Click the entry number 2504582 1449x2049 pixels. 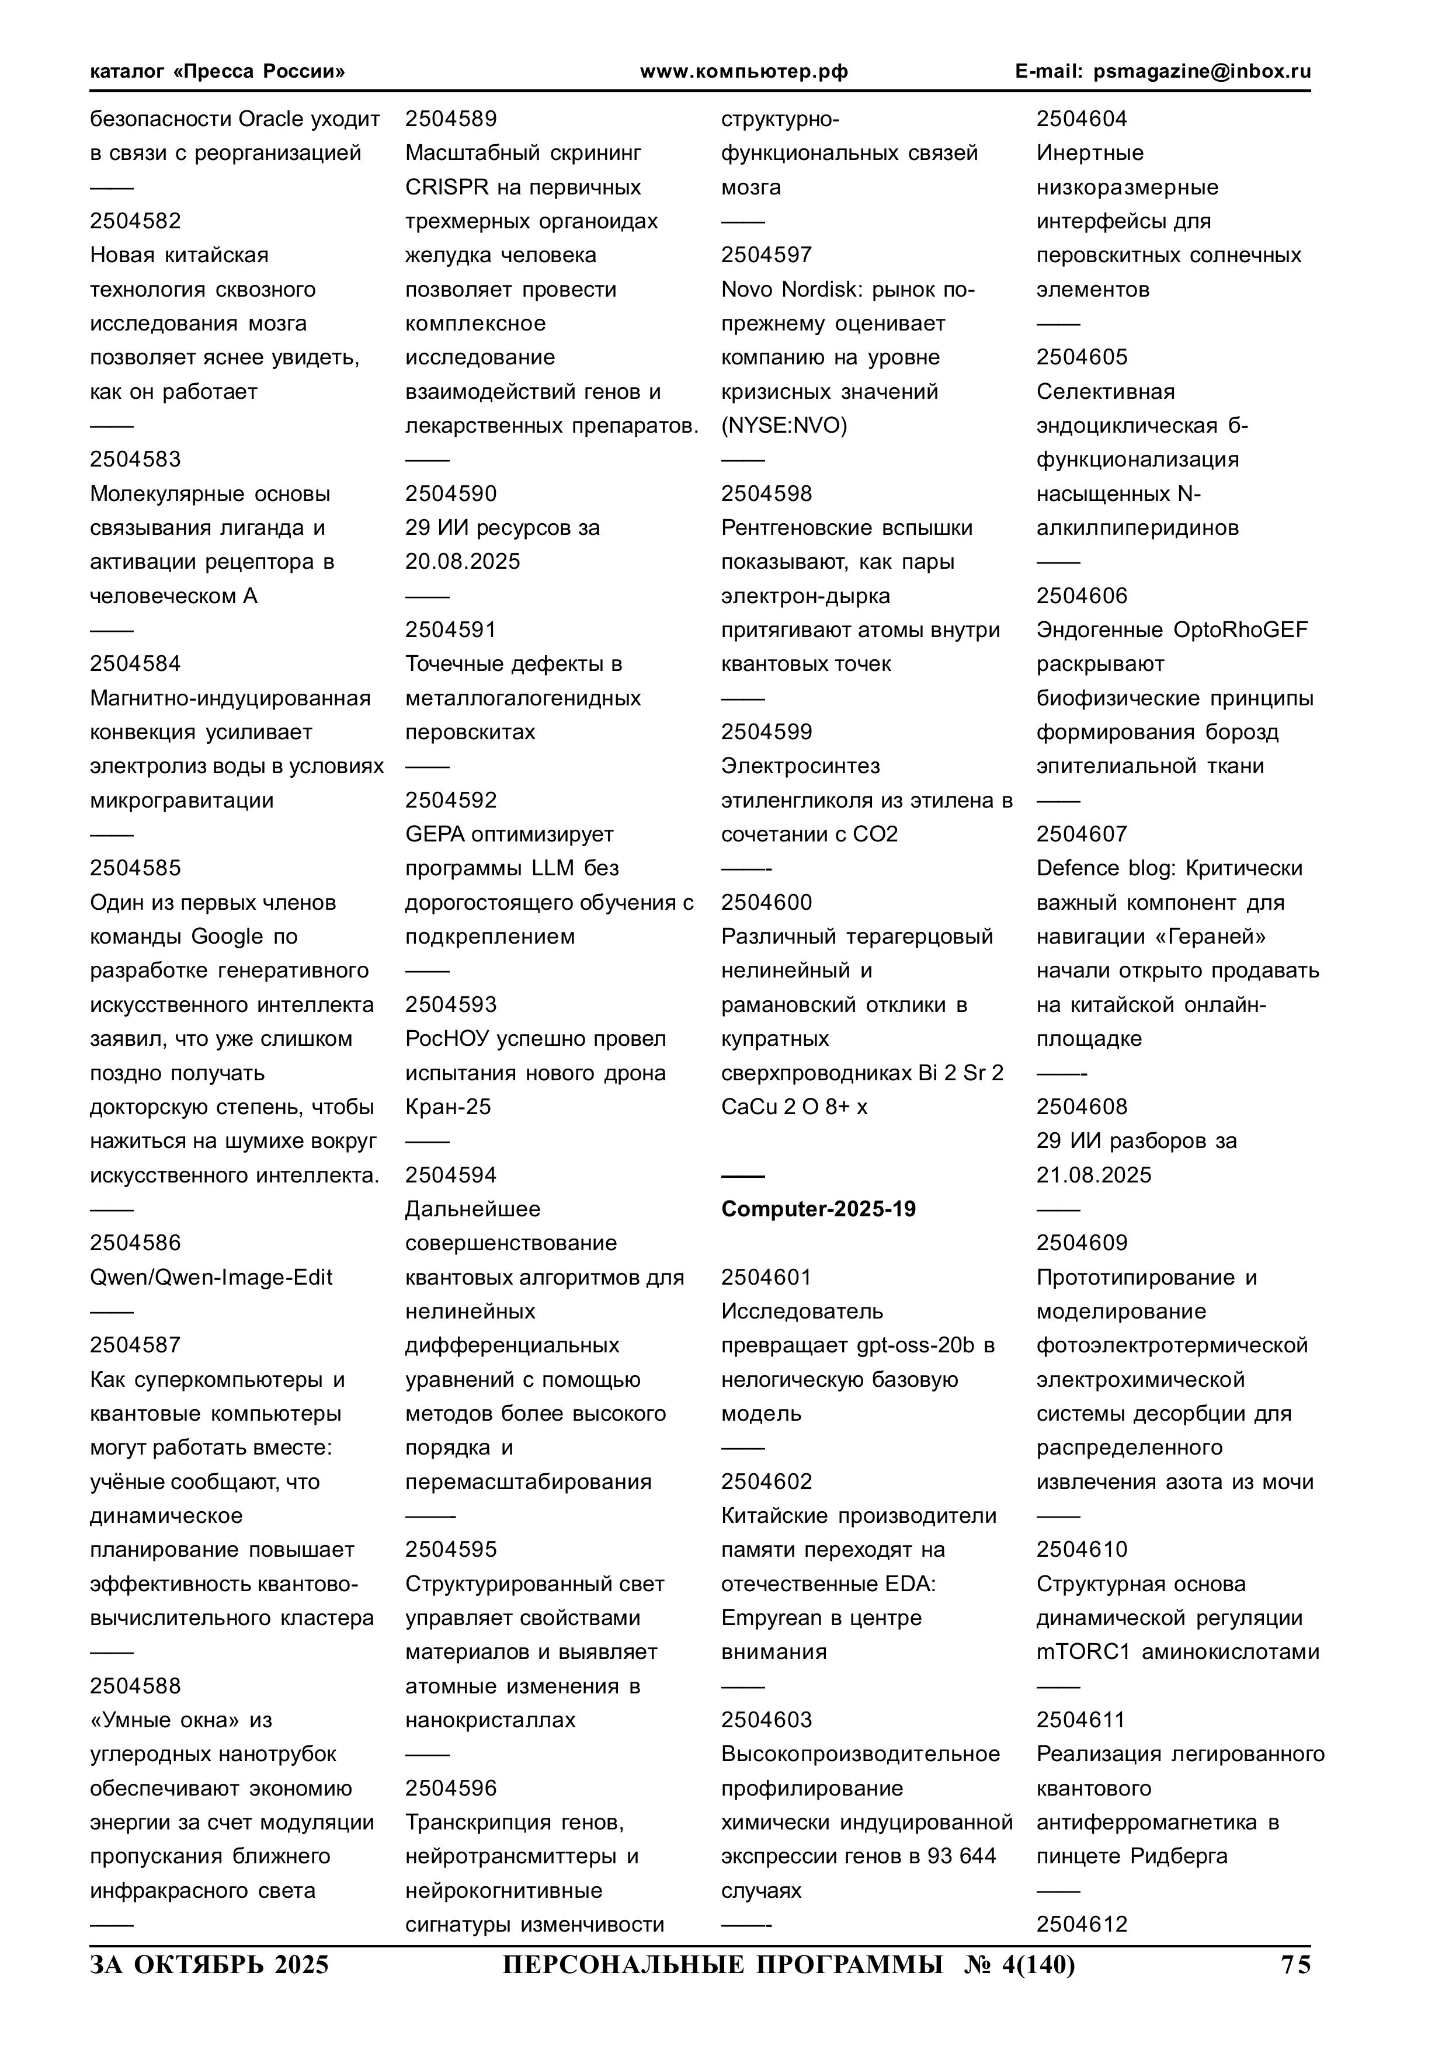click(x=135, y=221)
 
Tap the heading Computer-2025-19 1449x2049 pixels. click(x=818, y=1209)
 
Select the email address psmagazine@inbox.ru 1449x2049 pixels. click(x=1203, y=71)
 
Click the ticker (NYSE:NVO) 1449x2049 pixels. click(x=784, y=426)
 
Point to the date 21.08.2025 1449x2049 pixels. click(x=1094, y=1175)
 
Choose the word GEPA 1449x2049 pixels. click(x=435, y=834)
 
